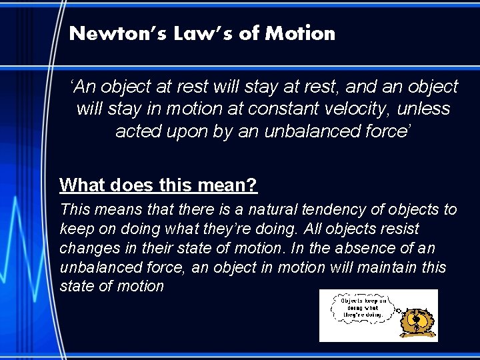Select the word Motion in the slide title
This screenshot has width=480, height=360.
coord(300,33)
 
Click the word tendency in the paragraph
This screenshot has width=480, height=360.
coord(331,210)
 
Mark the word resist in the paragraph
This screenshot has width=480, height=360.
coord(399,229)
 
